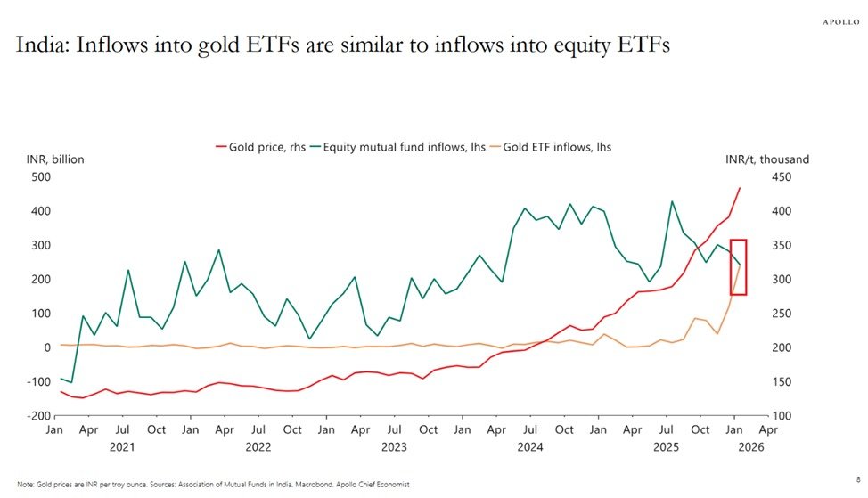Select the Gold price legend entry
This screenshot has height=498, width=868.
(x=258, y=146)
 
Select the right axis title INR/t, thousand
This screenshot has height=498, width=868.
(x=768, y=159)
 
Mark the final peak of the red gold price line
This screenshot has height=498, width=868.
(x=740, y=188)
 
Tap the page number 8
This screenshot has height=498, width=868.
(x=857, y=478)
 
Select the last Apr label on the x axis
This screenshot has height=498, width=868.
(x=768, y=429)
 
